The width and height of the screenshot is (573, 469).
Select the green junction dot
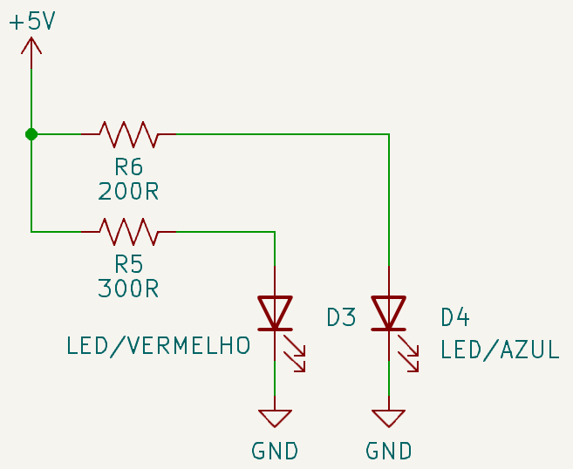pyautogui.click(x=31, y=134)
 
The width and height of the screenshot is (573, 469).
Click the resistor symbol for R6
pyautogui.click(x=128, y=134)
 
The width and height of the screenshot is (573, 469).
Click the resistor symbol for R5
pyautogui.click(x=128, y=232)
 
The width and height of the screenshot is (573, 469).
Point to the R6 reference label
pyautogui.click(x=128, y=167)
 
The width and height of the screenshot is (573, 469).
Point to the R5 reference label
pyautogui.click(x=128, y=264)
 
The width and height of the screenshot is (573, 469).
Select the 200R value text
pyautogui.click(x=128, y=191)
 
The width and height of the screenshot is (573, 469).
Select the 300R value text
pyautogui.click(x=128, y=289)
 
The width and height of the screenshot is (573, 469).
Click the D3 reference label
pyautogui.click(x=341, y=317)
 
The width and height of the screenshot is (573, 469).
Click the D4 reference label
pyautogui.click(x=455, y=317)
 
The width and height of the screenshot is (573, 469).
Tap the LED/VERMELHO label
pyautogui.click(x=158, y=346)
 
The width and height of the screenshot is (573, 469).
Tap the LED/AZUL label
pyautogui.click(x=500, y=350)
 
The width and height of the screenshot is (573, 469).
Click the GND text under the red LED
pyautogui.click(x=275, y=451)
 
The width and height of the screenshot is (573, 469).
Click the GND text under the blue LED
pyautogui.click(x=388, y=451)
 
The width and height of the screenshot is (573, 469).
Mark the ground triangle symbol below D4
pyautogui.click(x=388, y=418)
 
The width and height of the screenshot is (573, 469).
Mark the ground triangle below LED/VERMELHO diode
pyautogui.click(x=275, y=418)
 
